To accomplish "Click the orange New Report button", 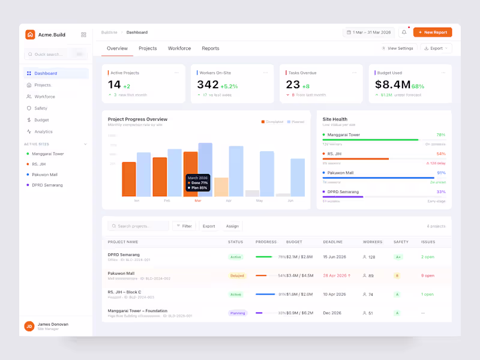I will [x=432, y=32].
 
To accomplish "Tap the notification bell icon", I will [x=404, y=32].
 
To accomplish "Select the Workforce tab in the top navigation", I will [x=179, y=49].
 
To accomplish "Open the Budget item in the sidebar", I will [x=41, y=120].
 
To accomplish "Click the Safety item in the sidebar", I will [x=41, y=109].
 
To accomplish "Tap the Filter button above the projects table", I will [x=184, y=226].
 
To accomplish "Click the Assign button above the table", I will [x=232, y=226].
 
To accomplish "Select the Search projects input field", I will [x=139, y=226].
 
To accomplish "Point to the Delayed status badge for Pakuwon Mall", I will [x=237, y=276].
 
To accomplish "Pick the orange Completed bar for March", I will [x=190, y=174].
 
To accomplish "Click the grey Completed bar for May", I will [x=252, y=193].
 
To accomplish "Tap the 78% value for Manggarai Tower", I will [x=441, y=135].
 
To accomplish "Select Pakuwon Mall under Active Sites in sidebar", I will [x=44, y=175].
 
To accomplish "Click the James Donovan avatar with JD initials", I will [x=29, y=326].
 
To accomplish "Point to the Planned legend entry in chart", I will [x=296, y=122].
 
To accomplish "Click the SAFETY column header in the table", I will [x=401, y=242].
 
